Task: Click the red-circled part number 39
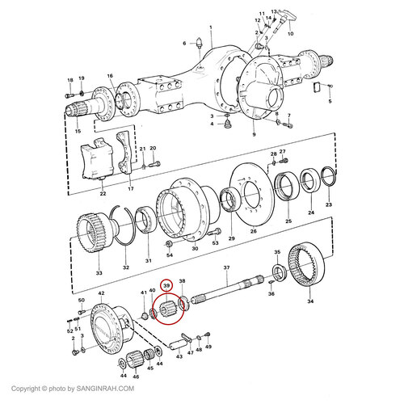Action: (167, 286)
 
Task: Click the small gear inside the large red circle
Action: (169, 308)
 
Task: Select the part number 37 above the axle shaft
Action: (226, 267)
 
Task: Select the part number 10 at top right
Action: (292, 34)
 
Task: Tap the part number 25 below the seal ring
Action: (288, 221)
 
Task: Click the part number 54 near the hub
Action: (170, 255)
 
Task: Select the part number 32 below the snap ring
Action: (125, 267)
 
